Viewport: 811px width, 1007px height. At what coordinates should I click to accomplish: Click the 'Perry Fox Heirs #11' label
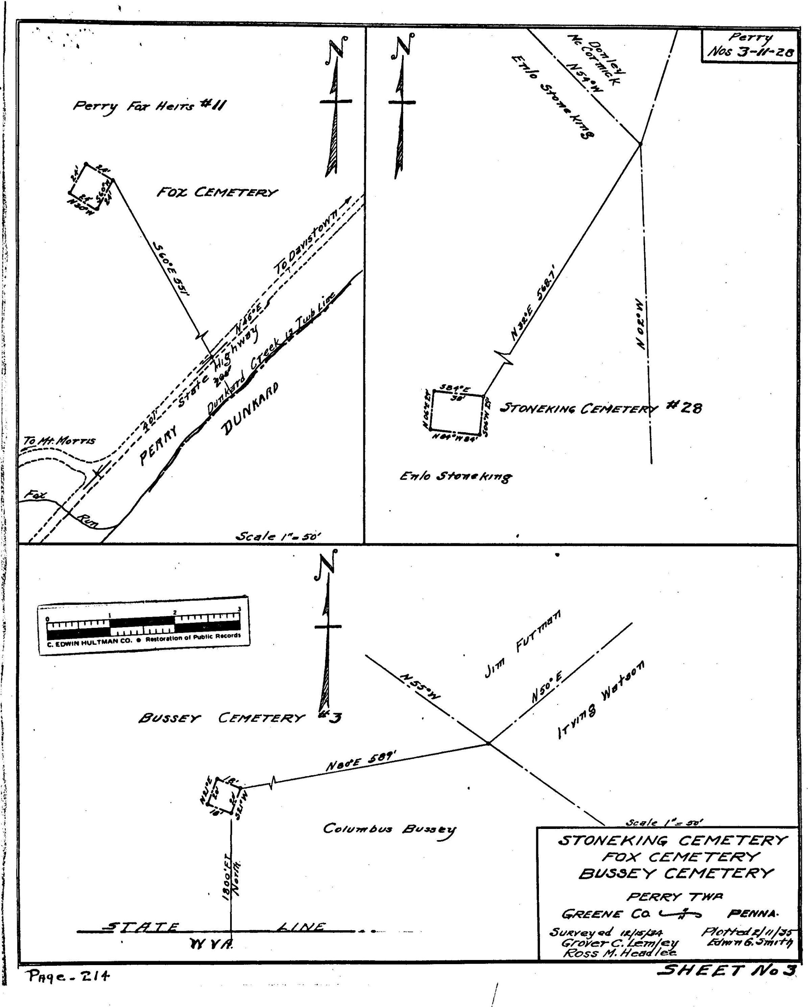click(x=149, y=106)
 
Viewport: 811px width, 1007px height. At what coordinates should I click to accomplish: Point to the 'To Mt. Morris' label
click(x=59, y=440)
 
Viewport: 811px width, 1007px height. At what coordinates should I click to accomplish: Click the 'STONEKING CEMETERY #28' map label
click(x=600, y=409)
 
